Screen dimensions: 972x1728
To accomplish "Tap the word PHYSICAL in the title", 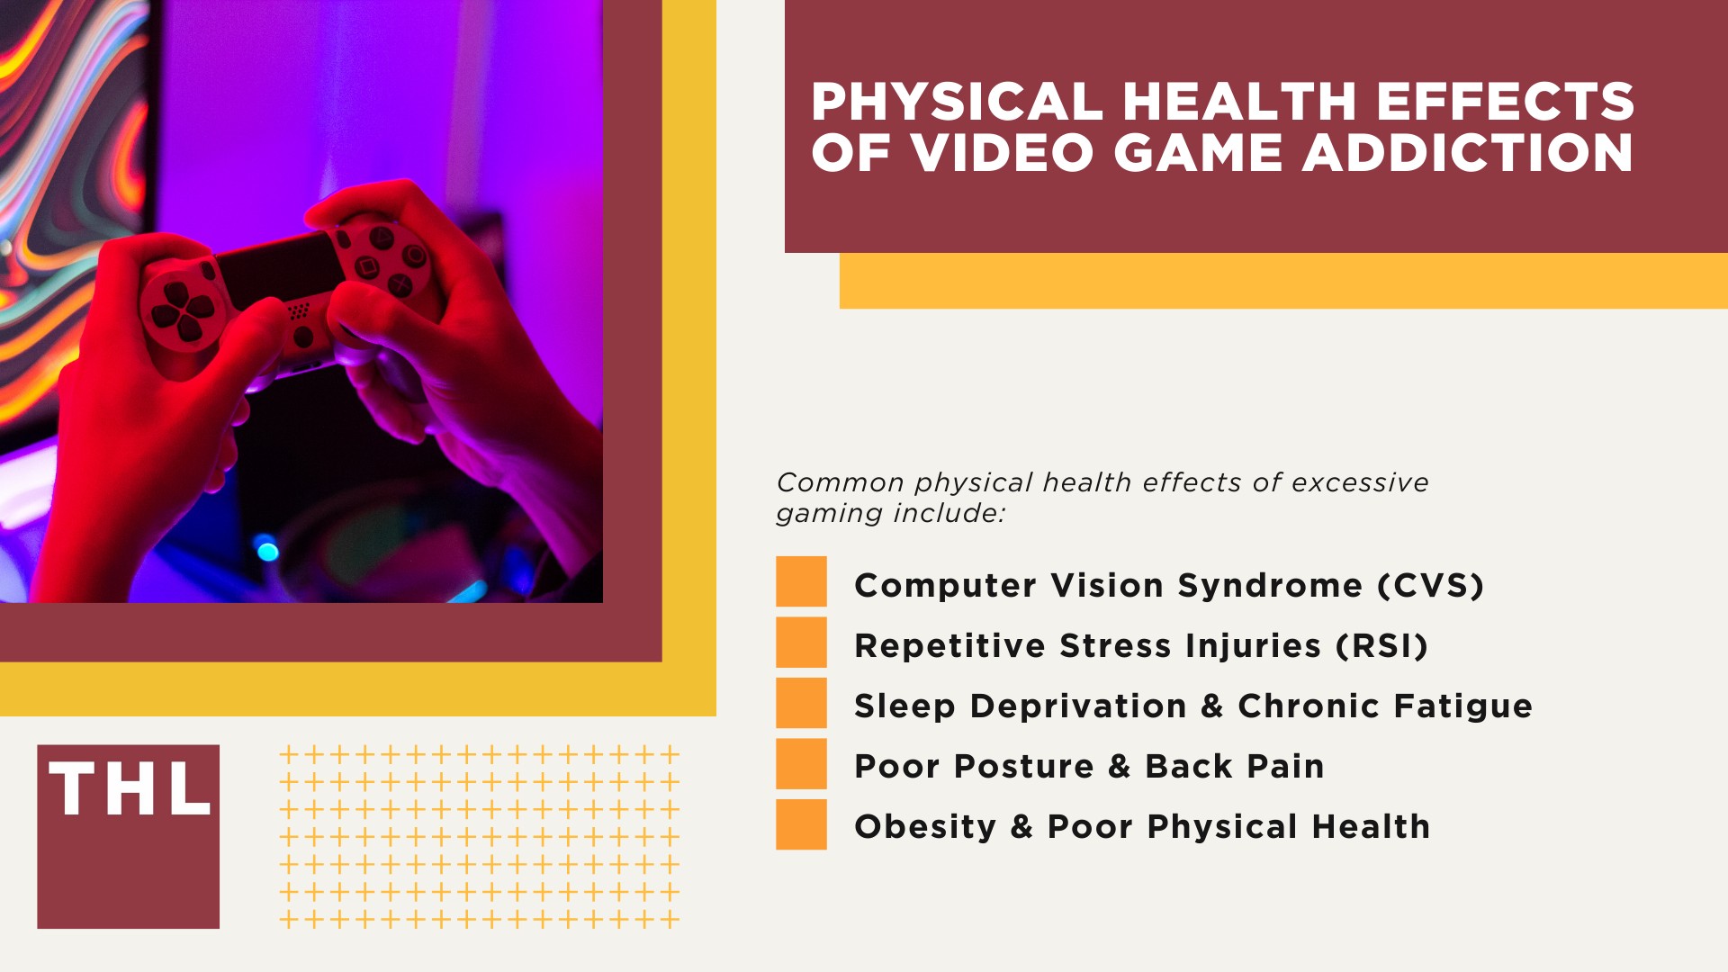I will [x=957, y=102].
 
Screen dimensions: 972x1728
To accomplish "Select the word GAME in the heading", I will [x=1197, y=153].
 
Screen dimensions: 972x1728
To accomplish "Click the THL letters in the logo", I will [x=129, y=790].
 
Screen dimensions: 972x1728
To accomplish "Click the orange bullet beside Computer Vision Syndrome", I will [x=801, y=581].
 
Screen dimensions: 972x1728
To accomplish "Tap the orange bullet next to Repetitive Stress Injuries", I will [x=801, y=642].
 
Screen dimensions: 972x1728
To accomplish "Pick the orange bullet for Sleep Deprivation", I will [x=801, y=703].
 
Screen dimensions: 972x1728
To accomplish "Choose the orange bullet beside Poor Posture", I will [x=801, y=763].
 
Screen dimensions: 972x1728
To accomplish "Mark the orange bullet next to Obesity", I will [x=801, y=824].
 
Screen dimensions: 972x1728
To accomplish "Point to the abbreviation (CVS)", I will [x=1430, y=586].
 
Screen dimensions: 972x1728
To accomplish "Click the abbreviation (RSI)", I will [x=1381, y=646].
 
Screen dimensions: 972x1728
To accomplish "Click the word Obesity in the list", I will [x=925, y=827].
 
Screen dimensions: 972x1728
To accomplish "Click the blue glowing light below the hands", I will [x=267, y=548].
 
